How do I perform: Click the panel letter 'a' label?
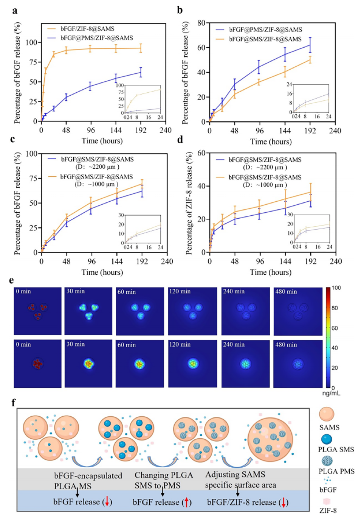[x=15, y=10]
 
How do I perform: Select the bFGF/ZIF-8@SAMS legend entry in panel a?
[x=87, y=29]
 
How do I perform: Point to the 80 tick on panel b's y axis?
[x=201, y=23]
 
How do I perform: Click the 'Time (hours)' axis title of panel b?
[x=271, y=142]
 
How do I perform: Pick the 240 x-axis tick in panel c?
[x=167, y=261]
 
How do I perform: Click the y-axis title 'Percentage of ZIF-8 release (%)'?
[x=189, y=203]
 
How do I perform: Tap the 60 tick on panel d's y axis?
[x=201, y=153]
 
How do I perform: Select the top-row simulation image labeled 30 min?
[x=88, y=311]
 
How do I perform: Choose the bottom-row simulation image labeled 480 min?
[x=298, y=364]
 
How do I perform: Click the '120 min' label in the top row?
[x=180, y=291]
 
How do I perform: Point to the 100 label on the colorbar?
[x=336, y=288]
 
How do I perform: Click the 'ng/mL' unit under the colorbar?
[x=331, y=393]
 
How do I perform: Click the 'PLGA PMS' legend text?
[x=336, y=471]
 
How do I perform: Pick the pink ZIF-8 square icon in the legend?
[x=328, y=502]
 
